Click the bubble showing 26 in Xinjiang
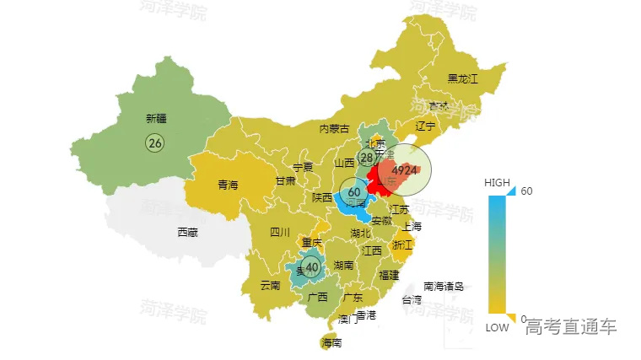pyautogui.click(x=155, y=142)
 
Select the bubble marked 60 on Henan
pyautogui.click(x=354, y=192)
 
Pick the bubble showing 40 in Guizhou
pyautogui.click(x=312, y=268)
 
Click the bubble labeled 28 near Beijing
pyautogui.click(x=368, y=158)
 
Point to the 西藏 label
pyautogui.click(x=187, y=232)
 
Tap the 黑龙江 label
pyautogui.click(x=462, y=79)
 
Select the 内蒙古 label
pyautogui.click(x=334, y=129)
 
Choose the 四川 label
pyautogui.click(x=280, y=232)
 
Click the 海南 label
pyautogui.click(x=331, y=343)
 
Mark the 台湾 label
pyautogui.click(x=412, y=299)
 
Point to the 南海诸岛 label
pyautogui.click(x=444, y=286)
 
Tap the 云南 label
pyautogui.click(x=270, y=285)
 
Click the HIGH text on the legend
pyautogui.click(x=497, y=183)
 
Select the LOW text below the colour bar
pyautogui.click(x=497, y=328)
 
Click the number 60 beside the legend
pyautogui.click(x=526, y=191)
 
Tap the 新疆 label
pyautogui.click(x=156, y=119)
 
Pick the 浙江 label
pyautogui.click(x=402, y=244)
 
